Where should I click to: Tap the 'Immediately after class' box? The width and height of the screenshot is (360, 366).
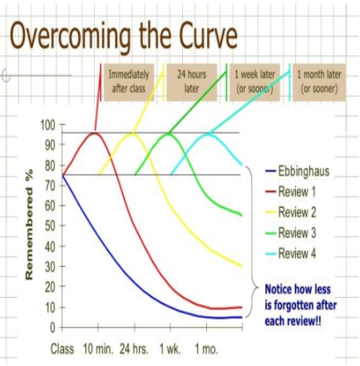tap(129, 81)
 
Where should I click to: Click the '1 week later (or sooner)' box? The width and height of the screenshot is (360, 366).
tap(256, 81)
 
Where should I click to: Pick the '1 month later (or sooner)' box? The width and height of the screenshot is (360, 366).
tap(317, 81)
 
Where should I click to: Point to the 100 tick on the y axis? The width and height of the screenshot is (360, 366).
tap(47, 125)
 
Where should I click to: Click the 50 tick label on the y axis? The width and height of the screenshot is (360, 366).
tap(49, 225)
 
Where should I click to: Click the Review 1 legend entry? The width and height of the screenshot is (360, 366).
tap(297, 191)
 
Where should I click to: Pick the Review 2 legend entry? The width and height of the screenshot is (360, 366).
tap(297, 212)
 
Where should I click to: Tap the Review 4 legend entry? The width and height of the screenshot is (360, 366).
tap(297, 253)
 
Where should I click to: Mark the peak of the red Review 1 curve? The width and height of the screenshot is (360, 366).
tap(95, 133)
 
